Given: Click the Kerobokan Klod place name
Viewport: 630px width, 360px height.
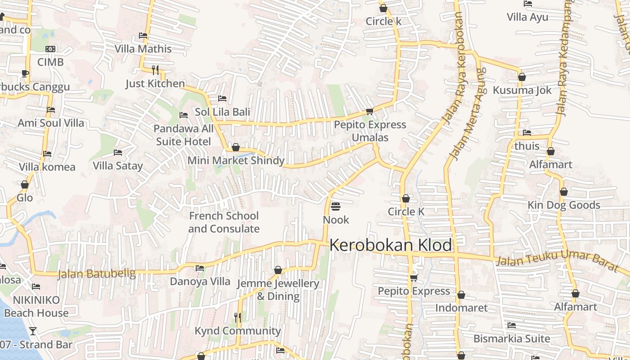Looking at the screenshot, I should tap(391, 245).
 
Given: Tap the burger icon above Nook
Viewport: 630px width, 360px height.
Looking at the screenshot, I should tap(336, 207).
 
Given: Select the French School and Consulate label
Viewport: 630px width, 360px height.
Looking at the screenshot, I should tap(224, 222).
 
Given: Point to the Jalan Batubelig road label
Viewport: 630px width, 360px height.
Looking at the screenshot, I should tap(96, 274).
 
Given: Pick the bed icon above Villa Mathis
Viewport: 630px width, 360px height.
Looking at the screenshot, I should tap(143, 36).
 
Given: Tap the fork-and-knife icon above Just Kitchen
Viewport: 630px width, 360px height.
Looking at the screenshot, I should tap(155, 70).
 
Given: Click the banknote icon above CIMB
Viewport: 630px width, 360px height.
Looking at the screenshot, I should tap(50, 49).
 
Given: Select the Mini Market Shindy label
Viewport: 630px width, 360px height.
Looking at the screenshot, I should tap(236, 161).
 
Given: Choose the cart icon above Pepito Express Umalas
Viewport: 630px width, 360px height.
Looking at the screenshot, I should tap(369, 111).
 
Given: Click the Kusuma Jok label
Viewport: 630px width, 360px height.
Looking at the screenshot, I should tap(522, 90).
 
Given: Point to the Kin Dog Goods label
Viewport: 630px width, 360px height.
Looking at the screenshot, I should tap(564, 205).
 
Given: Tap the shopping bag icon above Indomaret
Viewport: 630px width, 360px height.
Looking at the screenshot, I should tap(461, 295).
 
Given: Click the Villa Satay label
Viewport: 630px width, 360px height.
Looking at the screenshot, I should tap(117, 166).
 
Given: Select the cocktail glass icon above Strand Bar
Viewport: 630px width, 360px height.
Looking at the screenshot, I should tap(32, 332).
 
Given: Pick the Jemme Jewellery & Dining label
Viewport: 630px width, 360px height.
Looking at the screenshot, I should tap(278, 290).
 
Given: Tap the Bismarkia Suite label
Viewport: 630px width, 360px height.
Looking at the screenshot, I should tap(512, 338).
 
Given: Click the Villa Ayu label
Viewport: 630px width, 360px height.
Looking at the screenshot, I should tap(527, 17).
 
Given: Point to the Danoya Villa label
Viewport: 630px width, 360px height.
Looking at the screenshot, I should tap(200, 282).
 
